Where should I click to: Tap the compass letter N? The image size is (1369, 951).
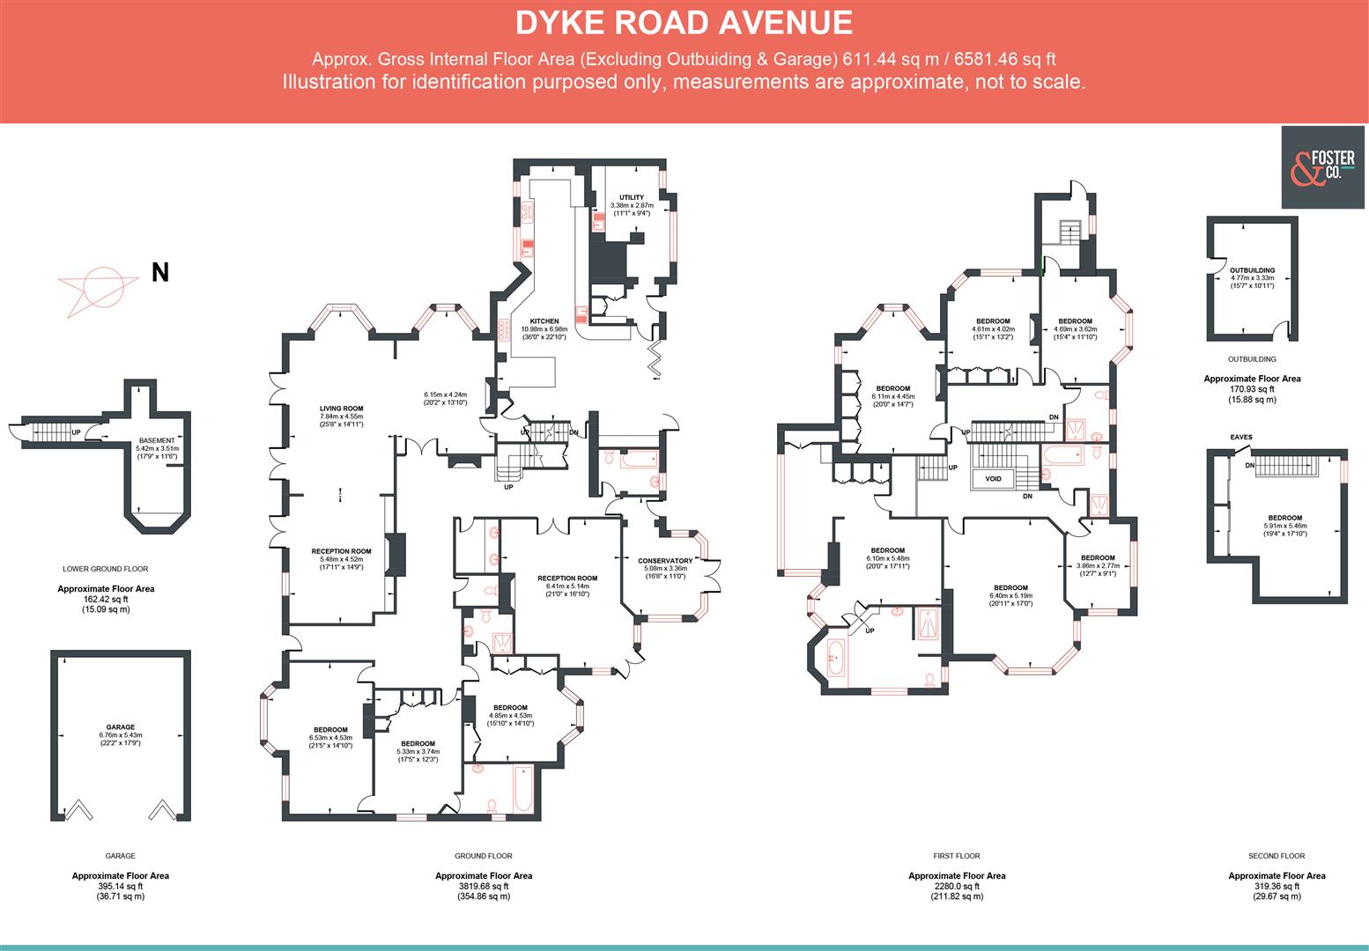159,273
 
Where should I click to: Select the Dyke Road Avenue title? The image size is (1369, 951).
684,23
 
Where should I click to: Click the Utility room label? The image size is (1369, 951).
632,197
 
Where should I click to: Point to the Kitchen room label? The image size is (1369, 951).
544,321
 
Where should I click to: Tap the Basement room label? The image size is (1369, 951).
157,440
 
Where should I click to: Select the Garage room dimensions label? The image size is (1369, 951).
121,735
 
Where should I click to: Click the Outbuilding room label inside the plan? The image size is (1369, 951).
1252,270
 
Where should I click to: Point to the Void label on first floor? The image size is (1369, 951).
994,479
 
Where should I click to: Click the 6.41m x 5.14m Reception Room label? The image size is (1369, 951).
567,579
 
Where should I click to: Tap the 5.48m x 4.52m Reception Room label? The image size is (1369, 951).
342,551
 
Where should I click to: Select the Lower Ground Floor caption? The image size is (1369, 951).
106,569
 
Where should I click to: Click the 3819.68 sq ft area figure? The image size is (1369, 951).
484,887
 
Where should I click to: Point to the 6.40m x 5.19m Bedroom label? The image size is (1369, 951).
1010,588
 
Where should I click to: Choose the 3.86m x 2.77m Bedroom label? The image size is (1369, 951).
1098,557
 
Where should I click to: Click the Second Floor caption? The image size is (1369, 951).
1276,856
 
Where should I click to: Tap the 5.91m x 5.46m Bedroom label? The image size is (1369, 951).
1285,519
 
